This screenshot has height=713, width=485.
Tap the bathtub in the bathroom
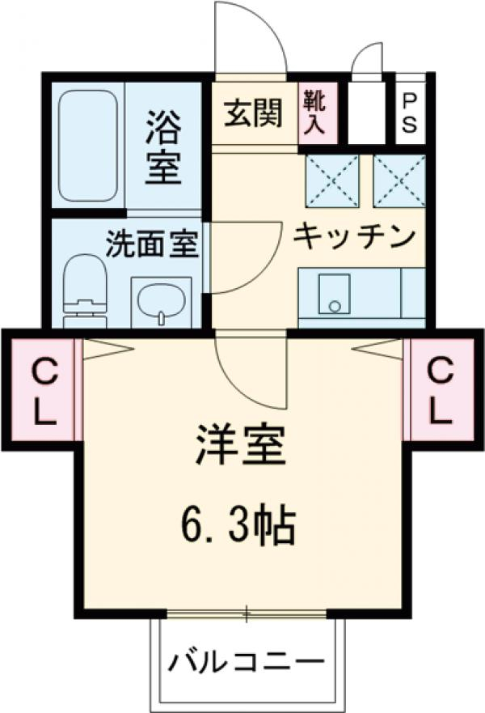(x=88, y=146)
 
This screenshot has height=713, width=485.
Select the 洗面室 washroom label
(x=153, y=243)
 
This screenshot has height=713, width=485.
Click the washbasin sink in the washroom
(x=161, y=302)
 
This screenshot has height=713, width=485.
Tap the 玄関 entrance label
(x=253, y=114)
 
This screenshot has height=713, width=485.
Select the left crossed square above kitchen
(x=332, y=180)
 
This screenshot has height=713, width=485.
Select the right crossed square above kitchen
(x=399, y=180)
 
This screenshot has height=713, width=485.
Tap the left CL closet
(x=43, y=392)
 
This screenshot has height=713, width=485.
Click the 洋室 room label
(x=241, y=446)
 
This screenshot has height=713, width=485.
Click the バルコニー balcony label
(x=246, y=664)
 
